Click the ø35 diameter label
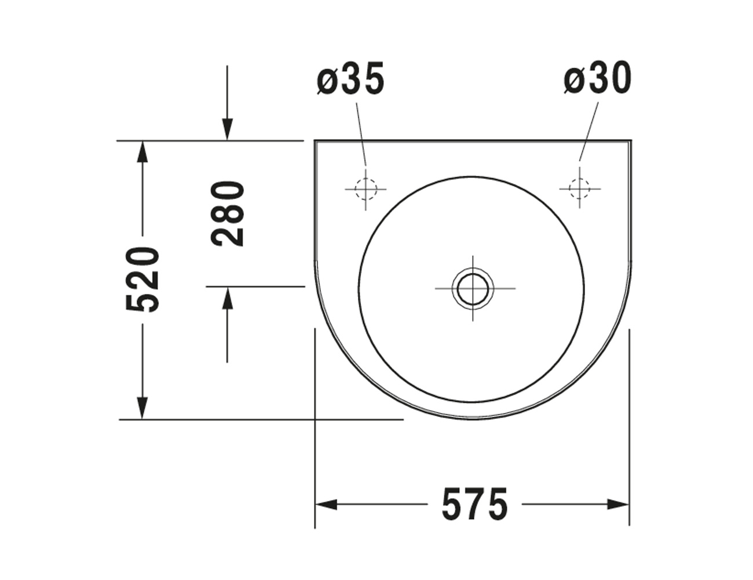point(350,78)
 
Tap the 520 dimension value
point(142,279)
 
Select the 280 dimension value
point(227,214)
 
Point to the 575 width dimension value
point(475,505)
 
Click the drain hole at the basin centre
point(473,288)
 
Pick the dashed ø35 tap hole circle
point(365,189)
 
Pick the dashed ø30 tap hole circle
point(580,188)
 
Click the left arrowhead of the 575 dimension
point(326,505)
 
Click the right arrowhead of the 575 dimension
point(618,505)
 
